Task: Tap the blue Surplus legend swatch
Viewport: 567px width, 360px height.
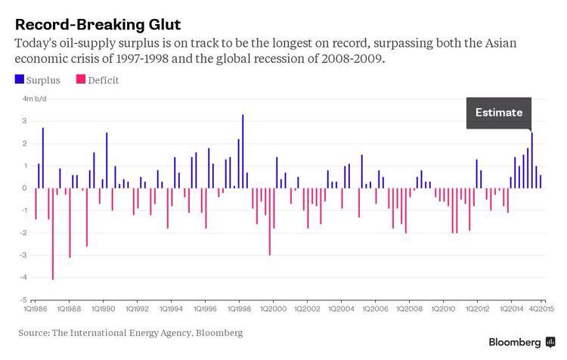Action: pyautogui.click(x=19, y=79)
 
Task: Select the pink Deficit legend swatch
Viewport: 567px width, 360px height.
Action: pyautogui.click(x=80, y=79)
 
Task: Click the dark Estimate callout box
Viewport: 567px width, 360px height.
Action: pyautogui.click(x=498, y=113)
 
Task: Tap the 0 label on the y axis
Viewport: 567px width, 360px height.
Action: pyautogui.click(x=25, y=188)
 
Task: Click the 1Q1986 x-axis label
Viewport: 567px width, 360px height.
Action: pyautogui.click(x=35, y=309)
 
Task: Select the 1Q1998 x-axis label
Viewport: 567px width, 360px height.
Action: pyautogui.click(x=240, y=309)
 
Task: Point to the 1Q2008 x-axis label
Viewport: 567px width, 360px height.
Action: pyautogui.click(x=409, y=309)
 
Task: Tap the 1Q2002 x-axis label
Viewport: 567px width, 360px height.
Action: pyautogui.click(x=308, y=309)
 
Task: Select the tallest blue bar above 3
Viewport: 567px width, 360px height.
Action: pyautogui.click(x=243, y=151)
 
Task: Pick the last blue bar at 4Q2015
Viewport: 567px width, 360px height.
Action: pyautogui.click(x=541, y=182)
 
